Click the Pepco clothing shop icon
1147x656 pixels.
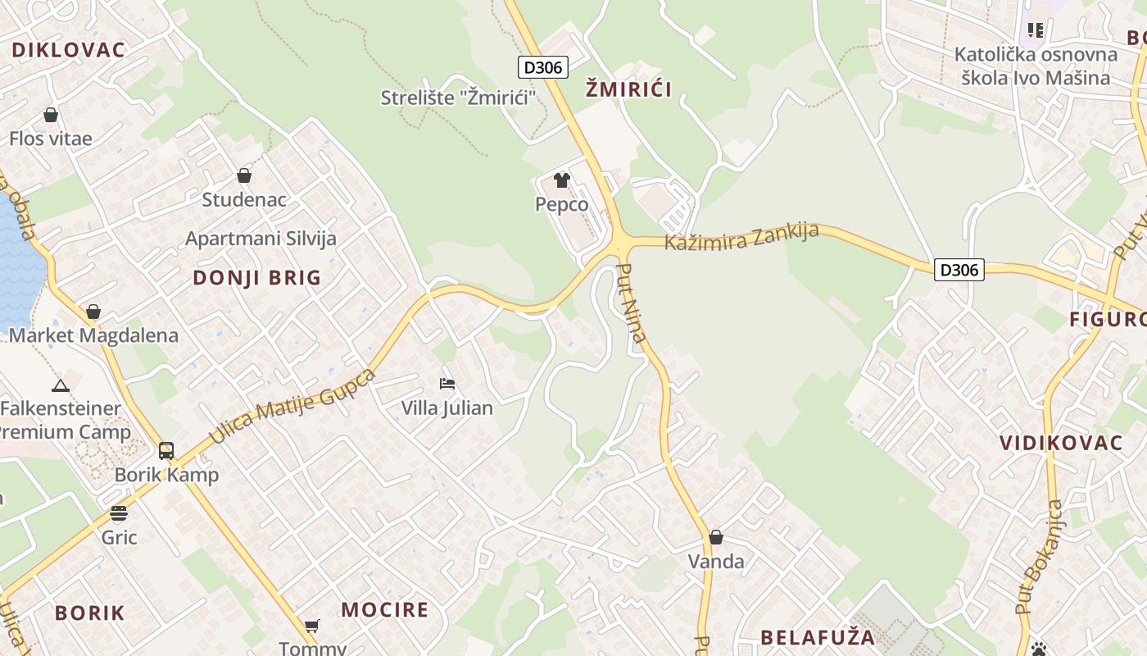click(x=562, y=180)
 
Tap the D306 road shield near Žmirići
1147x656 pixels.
click(x=543, y=67)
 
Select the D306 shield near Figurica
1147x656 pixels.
click(x=959, y=269)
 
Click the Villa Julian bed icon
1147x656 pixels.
click(x=447, y=383)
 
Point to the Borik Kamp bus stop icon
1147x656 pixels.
click(x=166, y=450)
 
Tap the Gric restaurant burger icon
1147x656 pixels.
click(x=119, y=513)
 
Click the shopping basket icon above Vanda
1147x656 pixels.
click(x=716, y=537)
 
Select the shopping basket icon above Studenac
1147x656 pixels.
click(x=244, y=175)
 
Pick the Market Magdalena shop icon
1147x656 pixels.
click(x=93, y=312)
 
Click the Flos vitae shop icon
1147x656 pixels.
click(x=51, y=115)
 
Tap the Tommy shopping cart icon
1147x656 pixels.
click(x=312, y=626)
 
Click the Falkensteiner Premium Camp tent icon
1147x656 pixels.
click(x=60, y=385)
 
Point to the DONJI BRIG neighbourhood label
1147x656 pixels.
click(x=257, y=278)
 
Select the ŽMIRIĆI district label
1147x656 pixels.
click(x=628, y=89)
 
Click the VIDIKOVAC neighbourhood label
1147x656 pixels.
click(x=1060, y=444)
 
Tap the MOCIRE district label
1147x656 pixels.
click(x=384, y=610)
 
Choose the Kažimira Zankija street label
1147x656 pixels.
click(x=741, y=236)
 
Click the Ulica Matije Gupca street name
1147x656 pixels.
click(x=292, y=406)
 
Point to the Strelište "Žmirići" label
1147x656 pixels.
click(x=458, y=98)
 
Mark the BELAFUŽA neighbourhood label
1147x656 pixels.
click(x=818, y=637)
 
